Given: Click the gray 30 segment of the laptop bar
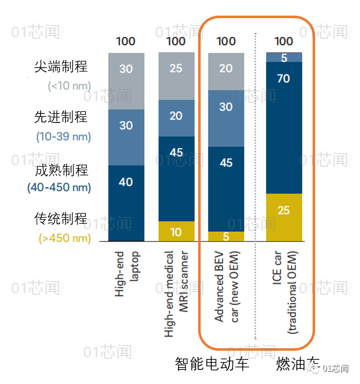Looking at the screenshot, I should pos(126,81).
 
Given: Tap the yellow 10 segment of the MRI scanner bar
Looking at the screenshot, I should pos(176,231).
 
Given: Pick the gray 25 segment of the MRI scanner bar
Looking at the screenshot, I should pos(176,76).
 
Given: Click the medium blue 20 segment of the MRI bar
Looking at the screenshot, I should pos(176,118).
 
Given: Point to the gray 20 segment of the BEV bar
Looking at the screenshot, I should pos(226,71).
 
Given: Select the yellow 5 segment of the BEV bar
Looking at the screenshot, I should pos(226,236).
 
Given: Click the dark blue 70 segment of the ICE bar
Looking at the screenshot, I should pos(283,127).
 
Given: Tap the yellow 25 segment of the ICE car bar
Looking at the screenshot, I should pos(283,217).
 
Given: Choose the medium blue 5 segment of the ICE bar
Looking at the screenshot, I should pos(283,57).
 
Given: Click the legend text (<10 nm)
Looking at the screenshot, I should pos(69,86).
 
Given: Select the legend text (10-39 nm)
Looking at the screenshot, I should pos(64,137).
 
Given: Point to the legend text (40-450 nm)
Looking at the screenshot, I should pos(59,188).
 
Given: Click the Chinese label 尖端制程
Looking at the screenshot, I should pos(61,67).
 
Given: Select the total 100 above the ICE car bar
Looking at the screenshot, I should pos(283,41).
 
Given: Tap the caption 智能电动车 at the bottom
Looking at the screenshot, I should pos(212,364).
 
